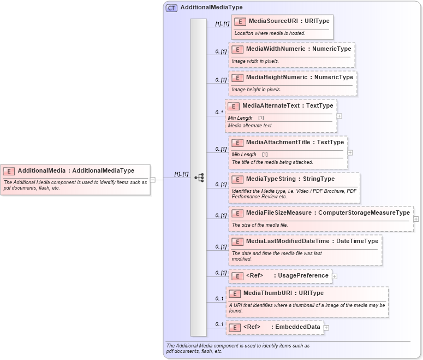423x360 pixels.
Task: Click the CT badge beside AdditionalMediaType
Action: point(171,8)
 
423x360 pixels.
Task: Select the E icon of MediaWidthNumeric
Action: point(237,49)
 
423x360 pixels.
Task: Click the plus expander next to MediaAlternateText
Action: point(339,116)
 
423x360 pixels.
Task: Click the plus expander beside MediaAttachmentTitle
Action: point(350,152)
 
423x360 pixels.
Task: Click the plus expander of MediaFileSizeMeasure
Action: point(416,219)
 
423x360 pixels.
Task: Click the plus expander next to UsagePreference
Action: point(335,276)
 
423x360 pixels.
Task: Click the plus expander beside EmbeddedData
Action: point(326,328)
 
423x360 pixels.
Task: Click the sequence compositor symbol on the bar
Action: point(199,178)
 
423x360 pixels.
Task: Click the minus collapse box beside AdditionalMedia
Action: point(153,179)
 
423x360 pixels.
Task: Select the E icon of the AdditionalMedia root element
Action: point(9,171)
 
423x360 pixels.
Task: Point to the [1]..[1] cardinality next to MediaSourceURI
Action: point(222,24)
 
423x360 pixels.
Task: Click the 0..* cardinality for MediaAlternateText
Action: point(219,113)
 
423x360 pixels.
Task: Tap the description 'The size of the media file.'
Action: point(260,225)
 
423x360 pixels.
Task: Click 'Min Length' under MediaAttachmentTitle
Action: point(244,155)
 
